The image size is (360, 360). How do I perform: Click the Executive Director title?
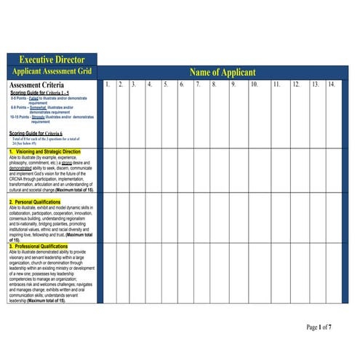tap(52, 60)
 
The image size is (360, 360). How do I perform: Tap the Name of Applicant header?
tap(223, 72)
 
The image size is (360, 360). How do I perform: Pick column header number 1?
tap(107, 84)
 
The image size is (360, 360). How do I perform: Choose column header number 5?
tap(166, 84)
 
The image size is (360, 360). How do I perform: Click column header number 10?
tap(255, 84)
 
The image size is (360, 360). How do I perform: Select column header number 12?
tap(296, 84)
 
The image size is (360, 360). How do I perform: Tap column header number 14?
tap(331, 84)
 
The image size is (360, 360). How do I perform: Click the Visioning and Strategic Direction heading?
tap(47, 152)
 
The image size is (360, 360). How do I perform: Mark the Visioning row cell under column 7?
tap(198, 170)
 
